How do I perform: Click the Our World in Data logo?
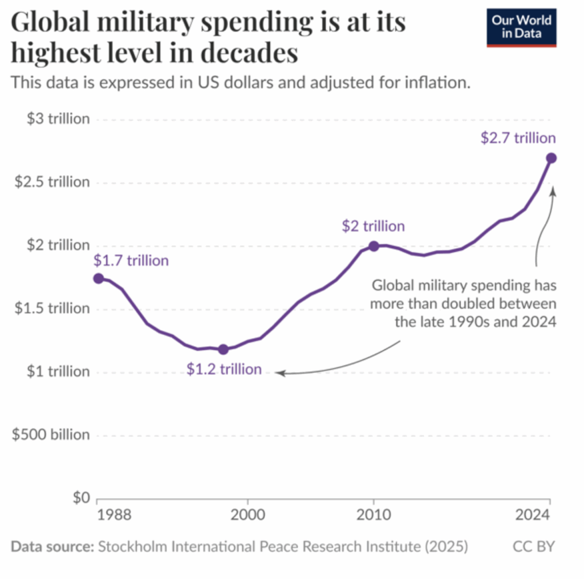[521, 27]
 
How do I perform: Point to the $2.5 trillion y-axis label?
[52, 183]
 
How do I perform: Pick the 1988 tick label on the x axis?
[114, 515]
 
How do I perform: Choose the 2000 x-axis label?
[247, 515]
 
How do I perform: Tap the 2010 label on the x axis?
[374, 515]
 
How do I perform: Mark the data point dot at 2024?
[551, 158]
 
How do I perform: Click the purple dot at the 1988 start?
[98, 278]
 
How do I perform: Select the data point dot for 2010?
[374, 246]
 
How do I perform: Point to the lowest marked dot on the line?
[223, 349]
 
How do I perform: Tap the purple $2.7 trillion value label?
[517, 137]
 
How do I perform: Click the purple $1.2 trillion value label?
[224, 369]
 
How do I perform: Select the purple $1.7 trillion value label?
[131, 261]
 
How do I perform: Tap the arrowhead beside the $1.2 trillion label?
[280, 373]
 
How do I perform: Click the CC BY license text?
[533, 546]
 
